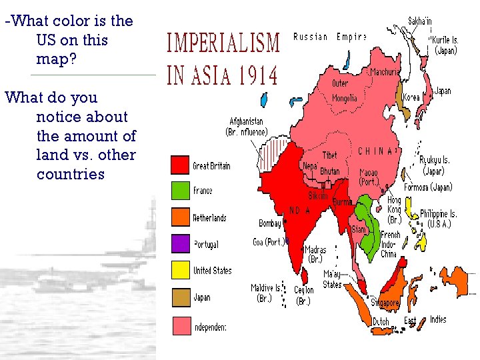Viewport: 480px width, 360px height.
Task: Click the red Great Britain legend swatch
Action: click(180, 165)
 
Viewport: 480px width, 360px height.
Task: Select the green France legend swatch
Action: click(180, 191)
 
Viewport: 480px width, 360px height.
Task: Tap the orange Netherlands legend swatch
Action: click(180, 217)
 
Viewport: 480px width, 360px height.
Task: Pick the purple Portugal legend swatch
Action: click(180, 244)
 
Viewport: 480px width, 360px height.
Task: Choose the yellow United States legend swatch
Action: click(180, 270)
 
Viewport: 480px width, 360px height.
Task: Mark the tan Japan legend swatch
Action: click(180, 297)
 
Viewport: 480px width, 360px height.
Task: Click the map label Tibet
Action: click(329, 155)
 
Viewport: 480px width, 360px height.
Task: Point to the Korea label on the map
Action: click(412, 97)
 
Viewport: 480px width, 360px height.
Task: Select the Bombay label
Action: click(270, 223)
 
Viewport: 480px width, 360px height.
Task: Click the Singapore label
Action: click(385, 303)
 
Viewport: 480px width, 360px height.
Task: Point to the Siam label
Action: click(359, 229)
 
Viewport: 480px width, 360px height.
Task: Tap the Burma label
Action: click(341, 201)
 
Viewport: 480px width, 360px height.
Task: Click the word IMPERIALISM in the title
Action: click(223, 45)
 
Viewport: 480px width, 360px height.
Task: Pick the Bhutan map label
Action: click(329, 171)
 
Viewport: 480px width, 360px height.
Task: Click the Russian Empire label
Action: click(329, 37)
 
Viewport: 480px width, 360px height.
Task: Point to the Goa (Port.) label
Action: click(269, 241)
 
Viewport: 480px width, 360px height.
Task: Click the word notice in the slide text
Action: click(81, 117)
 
